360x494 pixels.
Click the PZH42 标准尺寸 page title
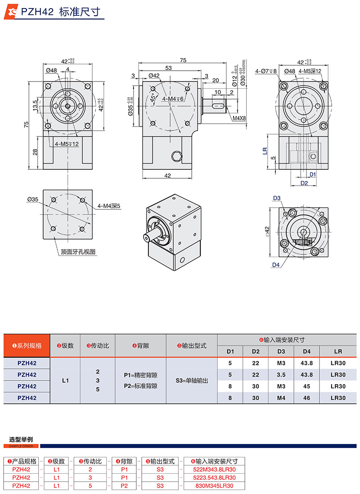[59, 12]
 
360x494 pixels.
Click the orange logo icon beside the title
[10, 12]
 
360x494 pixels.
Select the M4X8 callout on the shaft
[239, 118]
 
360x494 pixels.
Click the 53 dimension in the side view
[168, 68]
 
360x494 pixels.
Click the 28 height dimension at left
[35, 152]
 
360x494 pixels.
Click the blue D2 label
[304, 183]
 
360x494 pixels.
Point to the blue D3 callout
[276, 198]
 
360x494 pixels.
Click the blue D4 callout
[276, 265]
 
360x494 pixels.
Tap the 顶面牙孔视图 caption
[79, 252]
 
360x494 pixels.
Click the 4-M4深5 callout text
[108, 206]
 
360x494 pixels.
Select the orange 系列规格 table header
[27, 345]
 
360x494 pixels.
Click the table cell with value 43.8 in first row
[307, 363]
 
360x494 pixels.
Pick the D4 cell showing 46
[307, 398]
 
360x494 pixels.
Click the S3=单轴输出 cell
[192, 381]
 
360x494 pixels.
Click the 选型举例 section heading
[21, 439]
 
